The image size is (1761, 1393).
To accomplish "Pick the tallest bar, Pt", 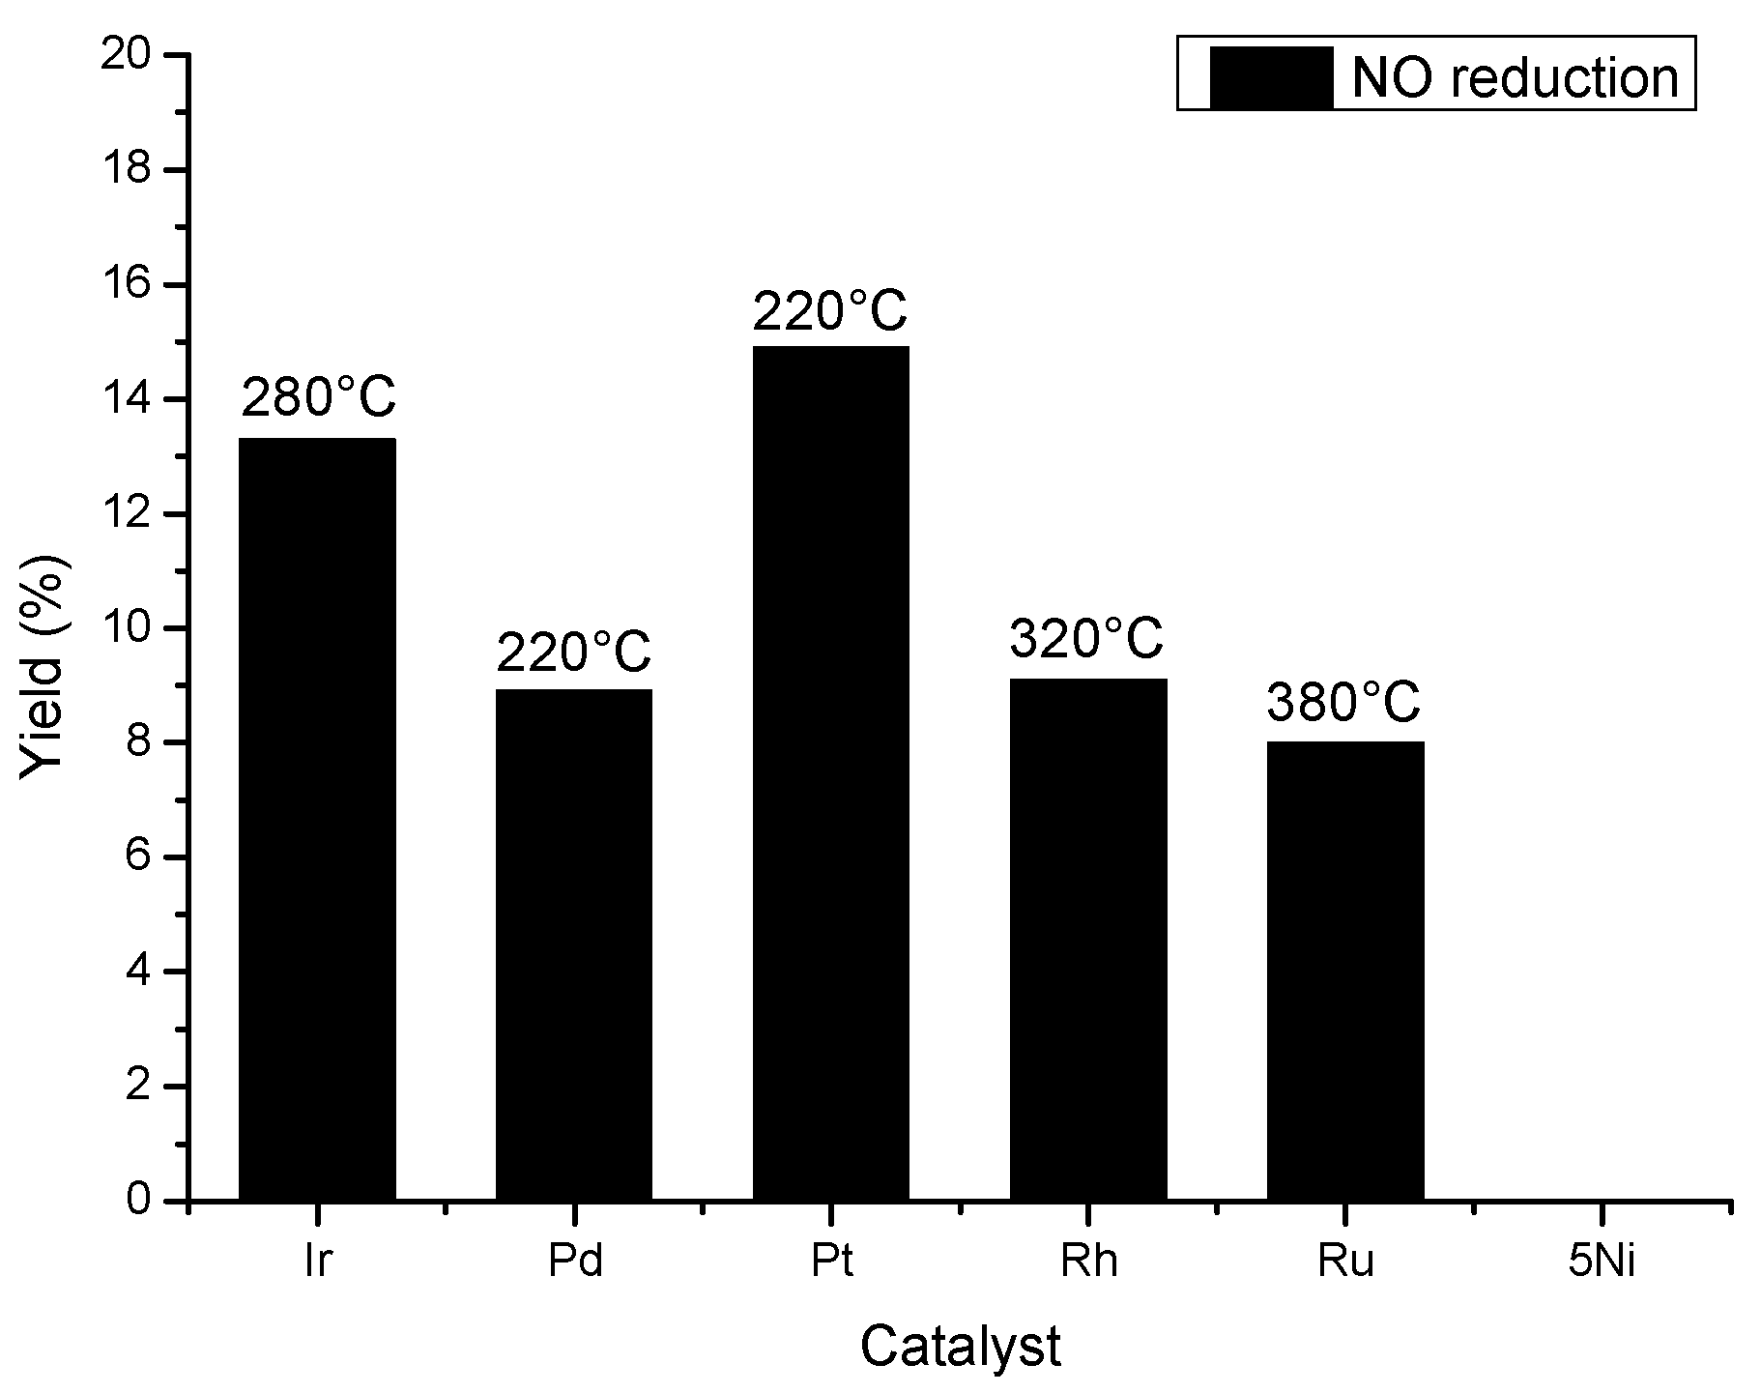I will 831,773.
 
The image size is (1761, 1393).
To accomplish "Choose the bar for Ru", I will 1345,971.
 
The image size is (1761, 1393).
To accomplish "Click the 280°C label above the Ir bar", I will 318,396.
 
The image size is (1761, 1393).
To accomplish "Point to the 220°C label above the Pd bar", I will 574,652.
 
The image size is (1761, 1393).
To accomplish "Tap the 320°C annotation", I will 1087,638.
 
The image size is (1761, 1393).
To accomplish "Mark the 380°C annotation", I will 1343,703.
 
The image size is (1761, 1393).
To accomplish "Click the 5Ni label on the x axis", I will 1602,1262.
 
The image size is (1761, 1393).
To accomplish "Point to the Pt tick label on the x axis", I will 831,1262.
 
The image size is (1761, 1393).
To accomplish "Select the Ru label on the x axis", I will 1345,1262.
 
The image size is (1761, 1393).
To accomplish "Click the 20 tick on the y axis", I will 131,56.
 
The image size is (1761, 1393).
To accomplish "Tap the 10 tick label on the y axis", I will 131,628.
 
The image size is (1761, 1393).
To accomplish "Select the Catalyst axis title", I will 961,1347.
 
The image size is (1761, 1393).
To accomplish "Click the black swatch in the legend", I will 1270,76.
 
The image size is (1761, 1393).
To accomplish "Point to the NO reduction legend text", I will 1515,76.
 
